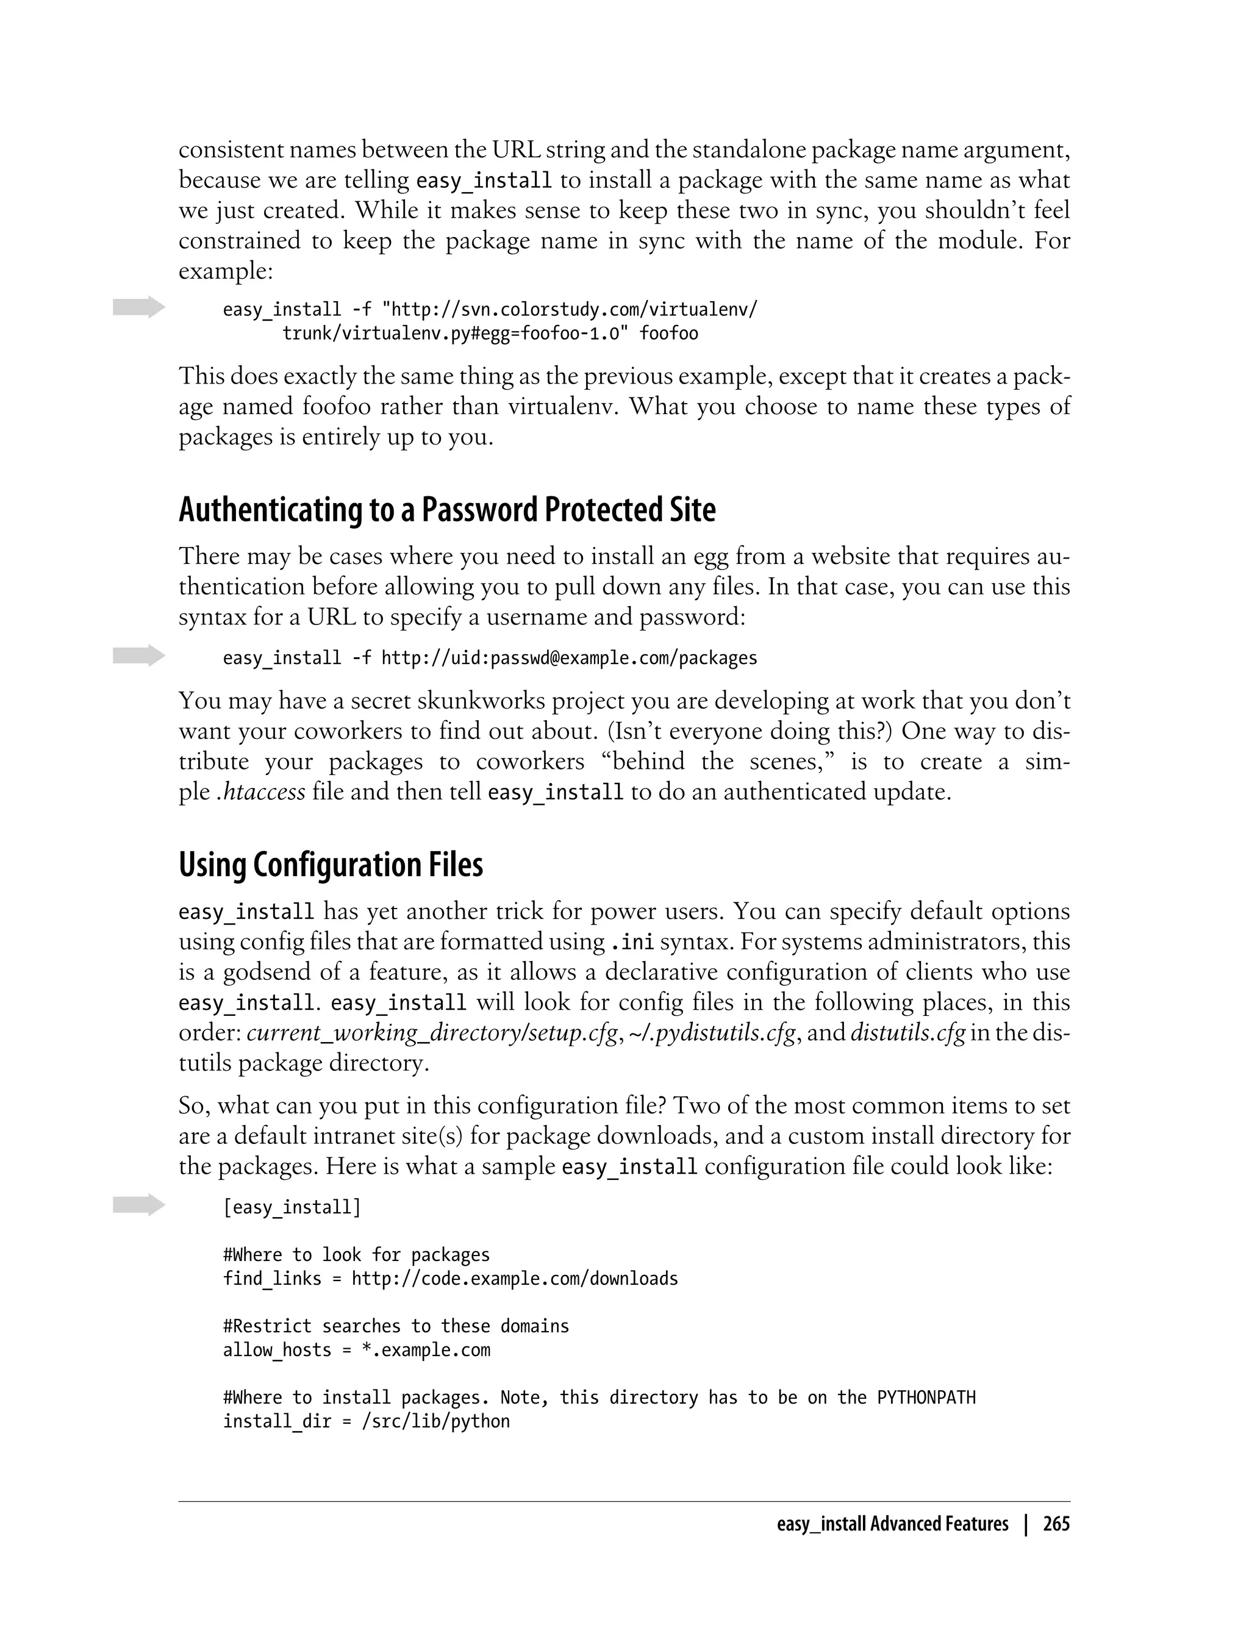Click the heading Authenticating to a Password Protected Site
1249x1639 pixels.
(447, 510)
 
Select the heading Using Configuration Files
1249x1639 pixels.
(331, 865)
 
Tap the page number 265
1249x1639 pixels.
(1056, 1524)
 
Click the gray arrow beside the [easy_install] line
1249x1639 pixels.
(139, 1205)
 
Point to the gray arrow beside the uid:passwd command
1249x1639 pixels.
(139, 655)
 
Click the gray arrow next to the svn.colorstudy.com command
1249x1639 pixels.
(139, 307)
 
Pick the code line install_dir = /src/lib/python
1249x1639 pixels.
(367, 1422)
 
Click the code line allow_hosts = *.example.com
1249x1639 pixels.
(357, 1351)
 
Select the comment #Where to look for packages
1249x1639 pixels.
(357, 1255)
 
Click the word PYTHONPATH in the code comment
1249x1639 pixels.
(926, 1398)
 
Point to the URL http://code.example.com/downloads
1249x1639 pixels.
(515, 1279)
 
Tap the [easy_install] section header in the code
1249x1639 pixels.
(292, 1207)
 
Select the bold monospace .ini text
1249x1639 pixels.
(631, 943)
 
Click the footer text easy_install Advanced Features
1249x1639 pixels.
(892, 1524)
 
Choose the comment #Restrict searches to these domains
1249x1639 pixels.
(396, 1327)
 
